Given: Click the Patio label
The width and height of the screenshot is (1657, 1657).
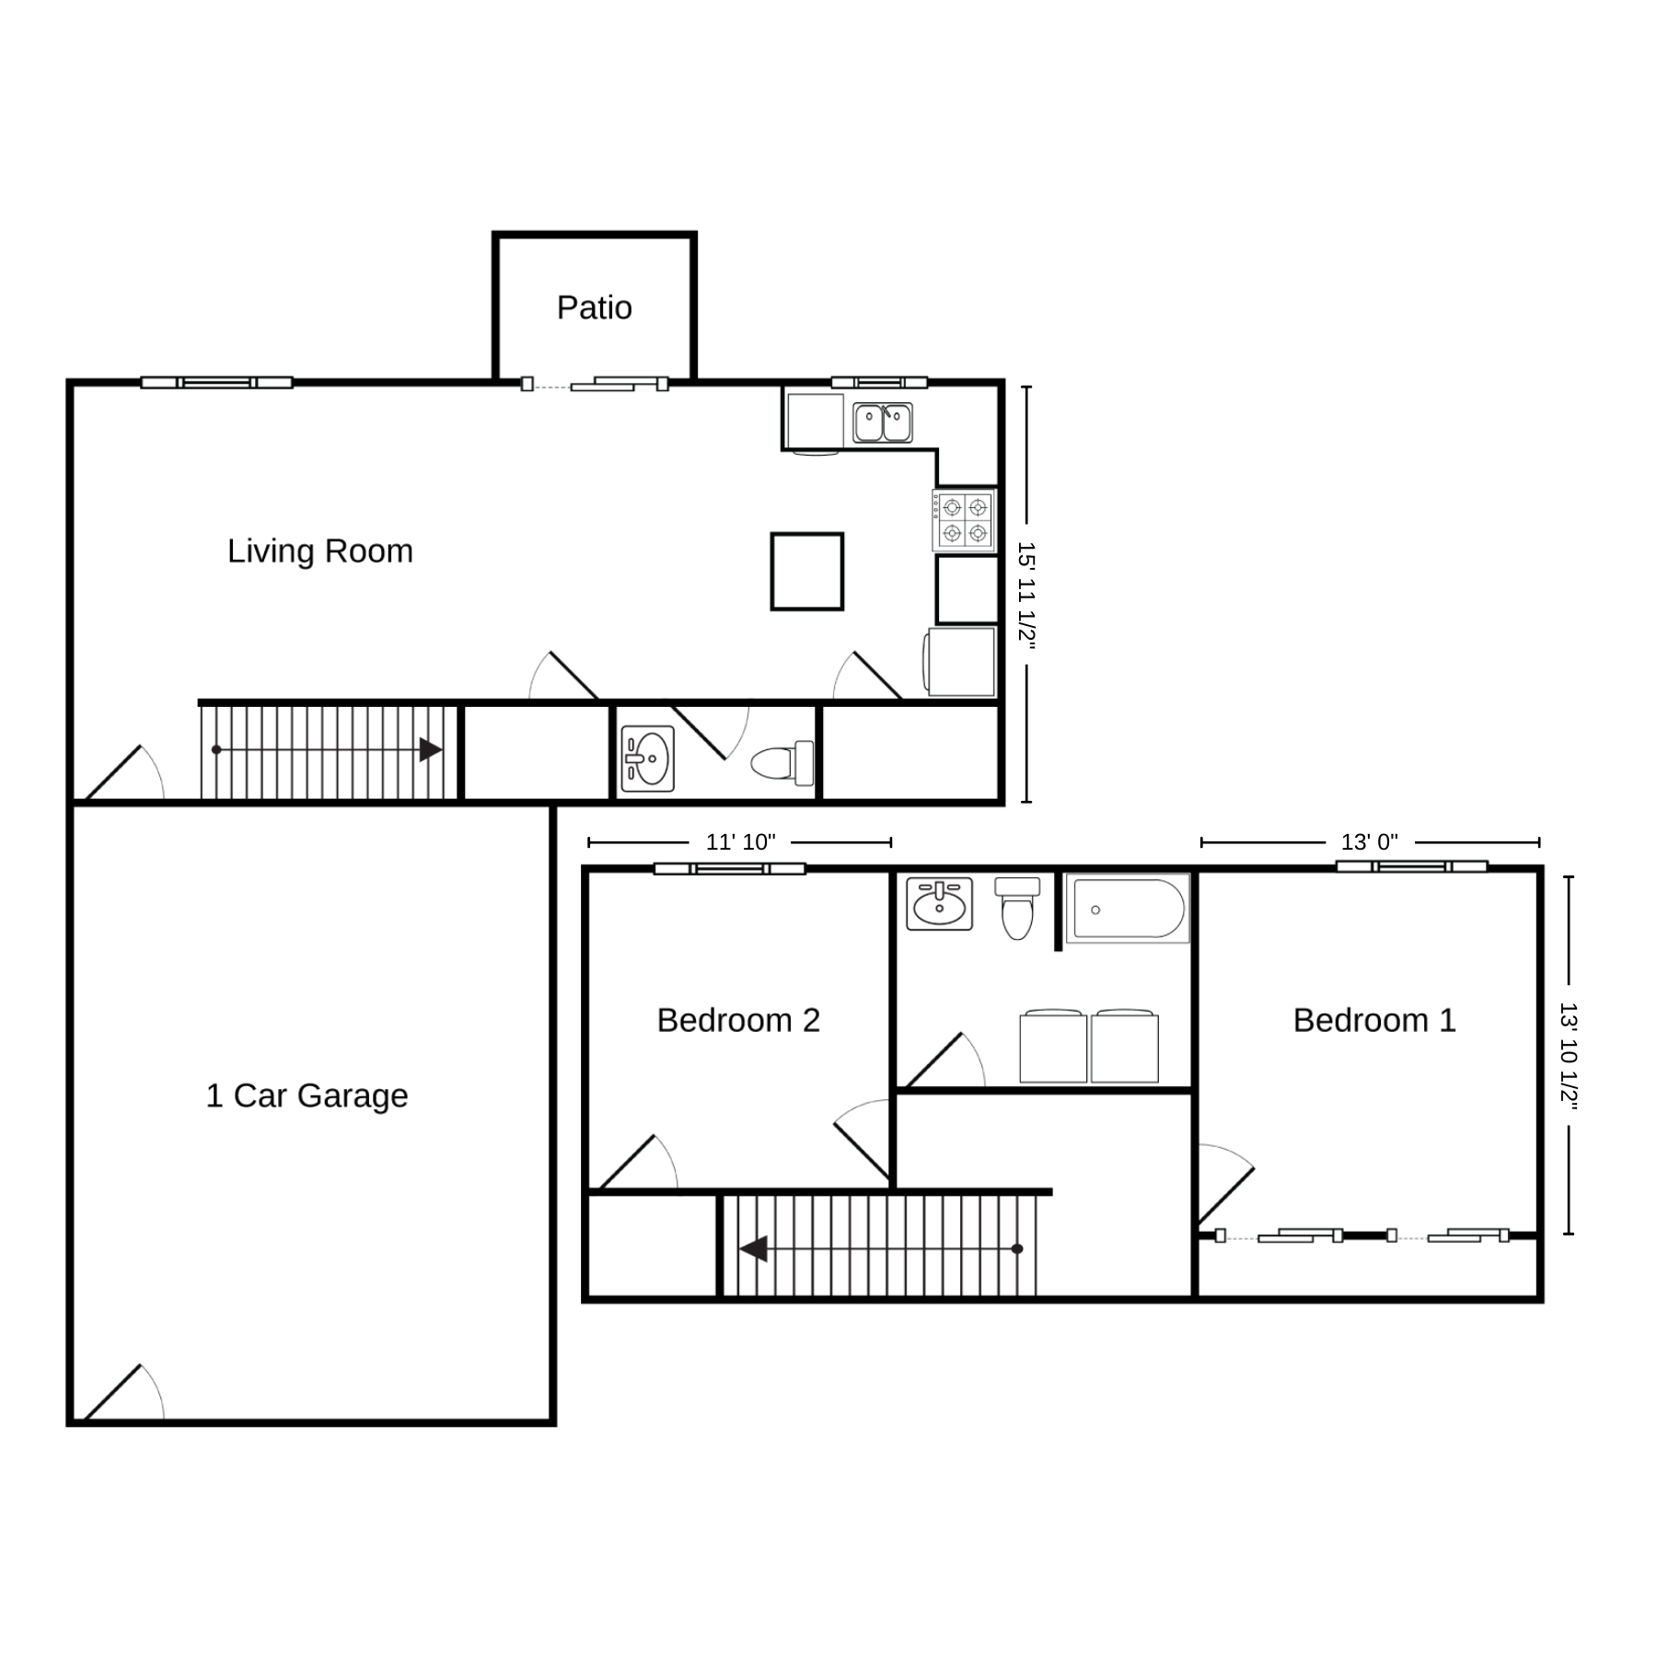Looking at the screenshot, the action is [x=595, y=307].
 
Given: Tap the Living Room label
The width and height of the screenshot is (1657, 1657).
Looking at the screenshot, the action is [x=320, y=550].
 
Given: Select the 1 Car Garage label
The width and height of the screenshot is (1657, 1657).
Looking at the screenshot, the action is [x=307, y=1095].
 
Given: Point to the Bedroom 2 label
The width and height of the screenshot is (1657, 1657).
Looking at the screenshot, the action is [x=738, y=1020].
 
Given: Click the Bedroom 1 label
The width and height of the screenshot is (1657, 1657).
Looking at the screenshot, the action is [x=1374, y=1020].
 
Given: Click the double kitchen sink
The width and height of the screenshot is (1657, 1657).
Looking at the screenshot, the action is [x=882, y=423].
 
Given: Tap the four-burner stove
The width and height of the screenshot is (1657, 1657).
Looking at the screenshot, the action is [x=965, y=520].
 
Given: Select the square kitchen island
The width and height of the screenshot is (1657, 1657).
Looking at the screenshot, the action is [x=807, y=571].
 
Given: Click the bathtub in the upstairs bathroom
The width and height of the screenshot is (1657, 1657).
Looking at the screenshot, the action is [x=1128, y=909].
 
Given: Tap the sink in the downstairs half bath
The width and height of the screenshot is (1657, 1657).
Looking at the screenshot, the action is [x=648, y=759].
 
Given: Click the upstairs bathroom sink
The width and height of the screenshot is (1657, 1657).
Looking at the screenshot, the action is [x=939, y=903].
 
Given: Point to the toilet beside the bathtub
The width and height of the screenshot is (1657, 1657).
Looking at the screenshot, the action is [x=1017, y=908].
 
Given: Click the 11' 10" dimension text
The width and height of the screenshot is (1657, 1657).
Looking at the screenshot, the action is [x=741, y=841].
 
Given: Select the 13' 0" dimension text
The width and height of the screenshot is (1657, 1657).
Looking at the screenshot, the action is [x=1370, y=841].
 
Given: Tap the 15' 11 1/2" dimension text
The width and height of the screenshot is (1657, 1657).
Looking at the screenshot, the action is [x=1026, y=597].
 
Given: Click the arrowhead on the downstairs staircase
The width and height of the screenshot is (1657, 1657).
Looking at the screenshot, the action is [x=431, y=749].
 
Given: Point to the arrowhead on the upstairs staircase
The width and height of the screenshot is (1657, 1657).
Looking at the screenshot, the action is [x=753, y=1249].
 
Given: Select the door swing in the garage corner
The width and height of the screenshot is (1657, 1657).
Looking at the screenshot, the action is [x=125, y=1395].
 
